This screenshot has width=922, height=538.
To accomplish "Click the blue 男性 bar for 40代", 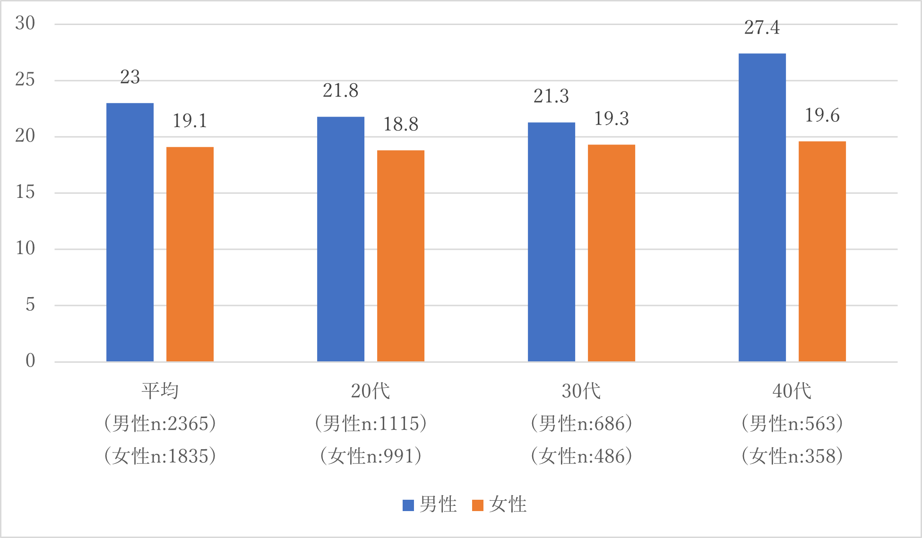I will [762, 208].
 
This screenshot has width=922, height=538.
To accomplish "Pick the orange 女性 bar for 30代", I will [611, 253].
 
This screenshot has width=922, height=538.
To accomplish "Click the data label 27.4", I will [762, 28].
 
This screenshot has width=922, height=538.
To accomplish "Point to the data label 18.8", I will [401, 125].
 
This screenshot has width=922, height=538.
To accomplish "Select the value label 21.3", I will [551, 96].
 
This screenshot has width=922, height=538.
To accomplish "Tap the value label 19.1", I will [190, 121].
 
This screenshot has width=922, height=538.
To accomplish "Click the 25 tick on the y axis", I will [25, 80].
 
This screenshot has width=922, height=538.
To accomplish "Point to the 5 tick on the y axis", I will [30, 305].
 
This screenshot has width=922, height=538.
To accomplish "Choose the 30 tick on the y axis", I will [25, 24].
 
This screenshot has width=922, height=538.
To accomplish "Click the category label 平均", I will [160, 391].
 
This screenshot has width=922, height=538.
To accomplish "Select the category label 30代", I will [581, 391].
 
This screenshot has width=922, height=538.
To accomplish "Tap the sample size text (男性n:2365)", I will [160, 424].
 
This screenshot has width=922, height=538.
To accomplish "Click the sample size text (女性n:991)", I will [371, 456].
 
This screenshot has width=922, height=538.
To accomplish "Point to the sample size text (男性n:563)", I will [793, 424].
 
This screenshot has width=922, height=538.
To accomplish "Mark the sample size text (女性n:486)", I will [581, 456].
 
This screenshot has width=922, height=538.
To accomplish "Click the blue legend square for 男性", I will [408, 505].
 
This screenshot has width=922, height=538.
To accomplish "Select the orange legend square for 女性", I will [478, 505].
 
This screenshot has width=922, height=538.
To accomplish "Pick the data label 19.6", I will [822, 116].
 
